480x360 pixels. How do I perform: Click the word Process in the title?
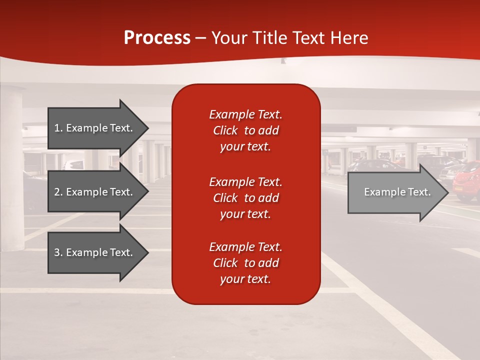point(157,38)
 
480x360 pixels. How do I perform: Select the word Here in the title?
point(349,38)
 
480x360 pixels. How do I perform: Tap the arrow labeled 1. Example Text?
point(95,128)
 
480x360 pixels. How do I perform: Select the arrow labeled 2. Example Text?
point(95,192)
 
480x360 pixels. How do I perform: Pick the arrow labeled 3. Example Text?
point(95,252)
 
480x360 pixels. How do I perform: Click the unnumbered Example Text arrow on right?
point(395,192)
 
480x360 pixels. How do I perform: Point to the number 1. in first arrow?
point(58,128)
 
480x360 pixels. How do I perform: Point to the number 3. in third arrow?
point(58,252)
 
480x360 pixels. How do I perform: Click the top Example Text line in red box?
point(245,114)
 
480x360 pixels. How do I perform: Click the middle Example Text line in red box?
point(245,181)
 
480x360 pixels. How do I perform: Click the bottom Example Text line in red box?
point(245,247)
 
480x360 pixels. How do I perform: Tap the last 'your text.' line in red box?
point(245,279)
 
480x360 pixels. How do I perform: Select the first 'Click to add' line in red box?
point(245,130)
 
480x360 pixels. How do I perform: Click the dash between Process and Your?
point(201,38)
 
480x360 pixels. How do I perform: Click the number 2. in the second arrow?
point(58,192)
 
